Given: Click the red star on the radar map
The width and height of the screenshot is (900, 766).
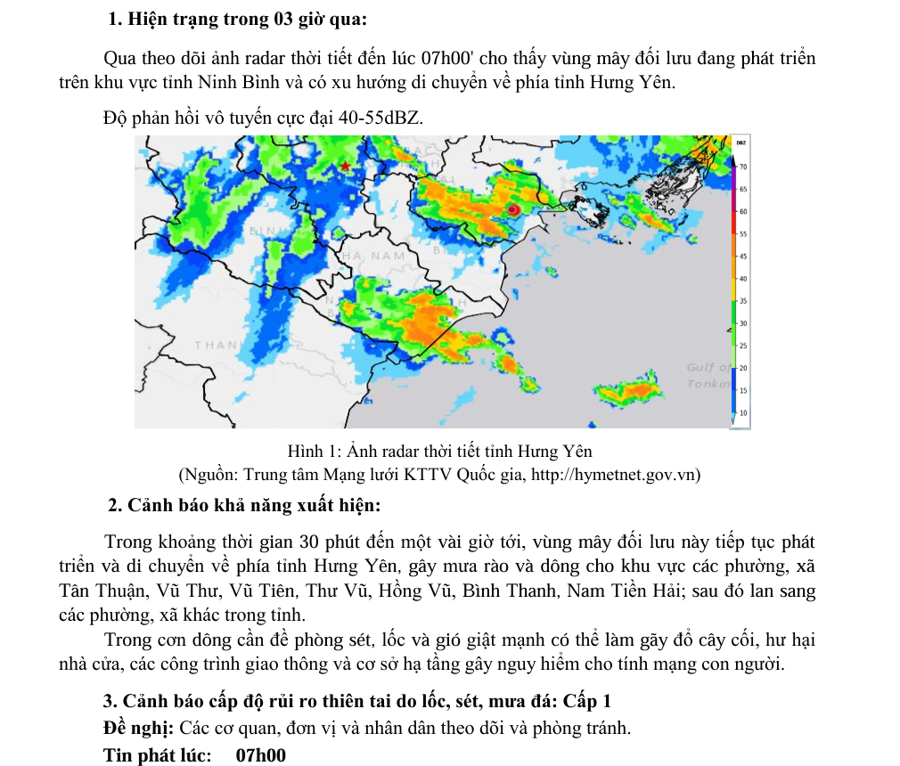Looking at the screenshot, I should tap(345, 166).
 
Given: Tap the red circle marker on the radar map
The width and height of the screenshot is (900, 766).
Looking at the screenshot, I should tap(513, 208).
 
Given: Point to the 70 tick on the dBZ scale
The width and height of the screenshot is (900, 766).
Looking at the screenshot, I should tap(742, 167).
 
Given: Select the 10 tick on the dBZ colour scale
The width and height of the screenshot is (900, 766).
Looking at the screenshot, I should tap(742, 413).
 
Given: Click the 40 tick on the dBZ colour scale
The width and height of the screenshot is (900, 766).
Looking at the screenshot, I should tap(742, 279).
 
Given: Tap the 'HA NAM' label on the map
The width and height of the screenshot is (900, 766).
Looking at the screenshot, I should tap(373, 256).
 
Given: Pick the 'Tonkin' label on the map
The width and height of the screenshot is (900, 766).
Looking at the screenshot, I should tap(708, 383).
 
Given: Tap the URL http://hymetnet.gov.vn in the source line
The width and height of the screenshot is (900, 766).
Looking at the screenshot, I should tap(616, 474).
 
